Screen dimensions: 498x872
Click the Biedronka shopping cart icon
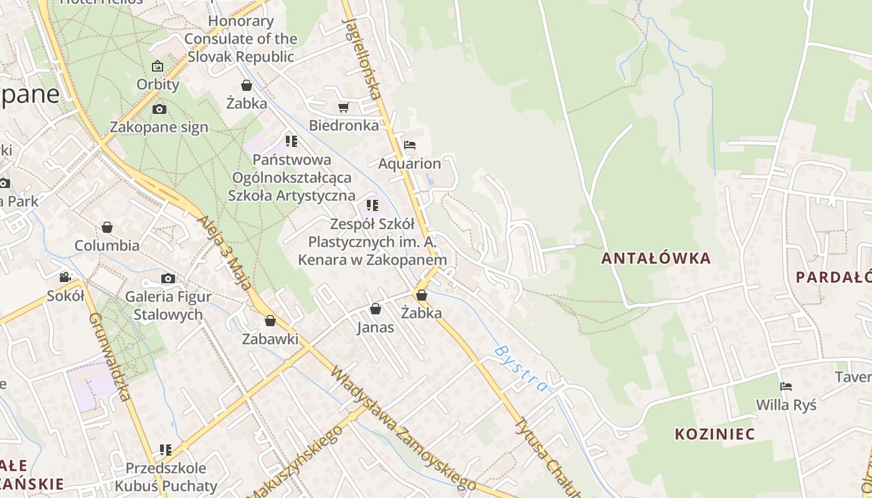point(343,108)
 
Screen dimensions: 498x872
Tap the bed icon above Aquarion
point(410,145)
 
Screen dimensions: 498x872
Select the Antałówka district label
point(656,258)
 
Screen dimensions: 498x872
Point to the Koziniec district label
point(714,434)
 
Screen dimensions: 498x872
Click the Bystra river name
point(521,369)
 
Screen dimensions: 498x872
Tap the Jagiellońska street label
point(361,59)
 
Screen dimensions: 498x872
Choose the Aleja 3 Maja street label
point(225,253)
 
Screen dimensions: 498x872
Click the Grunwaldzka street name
point(109,356)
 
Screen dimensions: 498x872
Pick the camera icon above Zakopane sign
point(159,110)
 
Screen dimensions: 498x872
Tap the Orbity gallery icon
point(158,66)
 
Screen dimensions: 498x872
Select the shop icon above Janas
point(376,309)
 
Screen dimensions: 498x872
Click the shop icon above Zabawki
point(270,321)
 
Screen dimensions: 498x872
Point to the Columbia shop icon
point(107,227)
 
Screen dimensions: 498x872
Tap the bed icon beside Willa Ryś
point(786,387)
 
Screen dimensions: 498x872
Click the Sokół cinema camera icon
point(65,277)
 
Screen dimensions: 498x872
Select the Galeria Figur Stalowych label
point(168,305)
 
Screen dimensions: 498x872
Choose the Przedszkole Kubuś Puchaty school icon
point(166,449)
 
